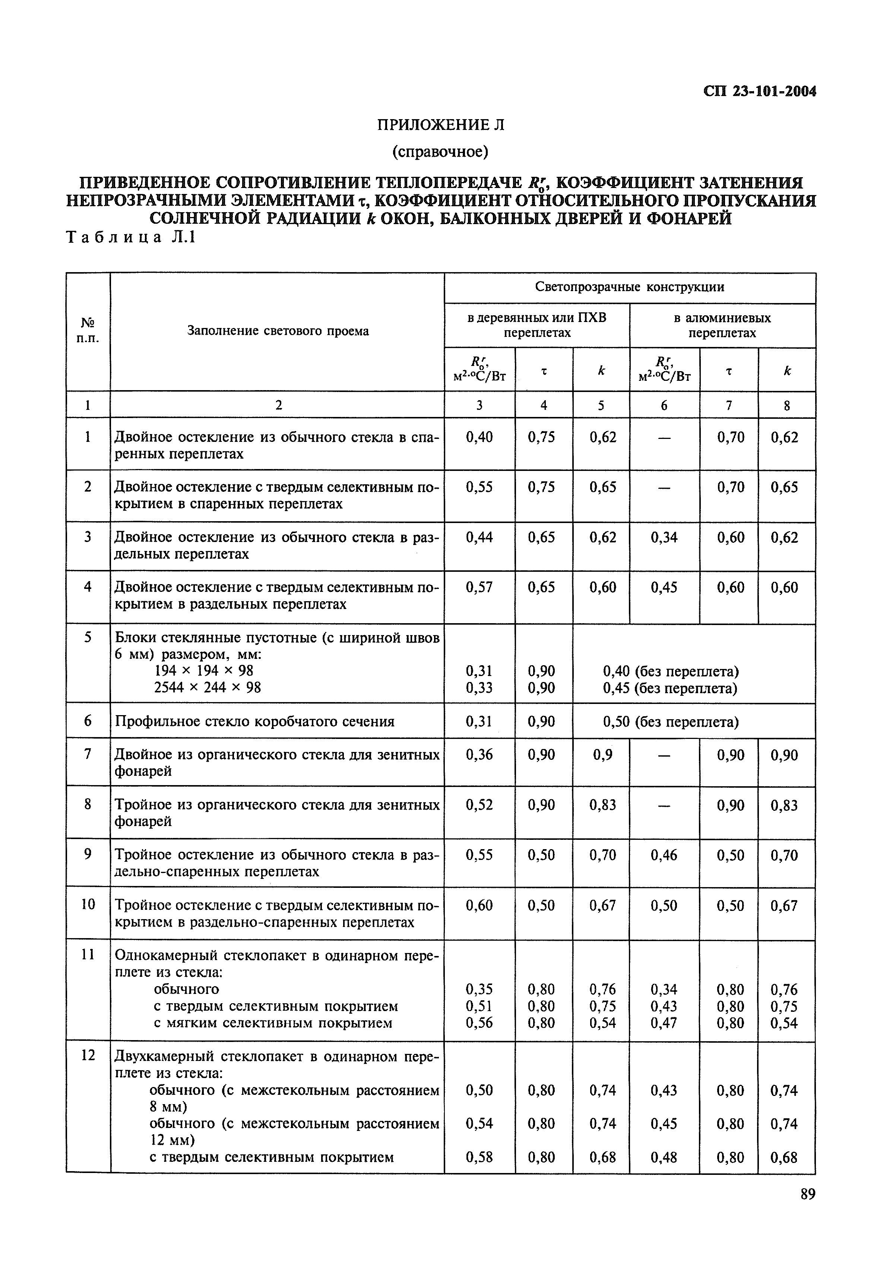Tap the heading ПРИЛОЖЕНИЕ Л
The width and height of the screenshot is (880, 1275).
(x=440, y=125)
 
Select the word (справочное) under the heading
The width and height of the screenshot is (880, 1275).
(x=440, y=151)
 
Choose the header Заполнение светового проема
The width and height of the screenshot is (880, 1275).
(x=278, y=331)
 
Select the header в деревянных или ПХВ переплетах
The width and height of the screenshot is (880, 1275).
(x=536, y=325)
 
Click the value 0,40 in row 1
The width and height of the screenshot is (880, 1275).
(x=479, y=437)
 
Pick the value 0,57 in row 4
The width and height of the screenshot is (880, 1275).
(x=479, y=587)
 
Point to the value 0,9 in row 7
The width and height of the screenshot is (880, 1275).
(x=602, y=755)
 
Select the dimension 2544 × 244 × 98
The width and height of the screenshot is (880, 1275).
(x=207, y=688)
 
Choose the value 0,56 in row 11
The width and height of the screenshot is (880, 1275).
(x=479, y=1023)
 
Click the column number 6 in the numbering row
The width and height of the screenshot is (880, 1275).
(x=664, y=405)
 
